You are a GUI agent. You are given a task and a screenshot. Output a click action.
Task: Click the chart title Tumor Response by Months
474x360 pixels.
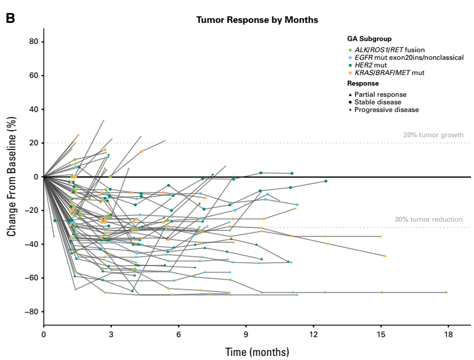point(257,20)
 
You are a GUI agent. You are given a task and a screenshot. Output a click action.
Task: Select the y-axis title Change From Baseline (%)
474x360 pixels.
point(11,176)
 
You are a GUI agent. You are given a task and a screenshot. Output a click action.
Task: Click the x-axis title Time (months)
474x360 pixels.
point(257,352)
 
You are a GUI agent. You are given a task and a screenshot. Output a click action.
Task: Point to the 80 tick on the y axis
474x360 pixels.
point(33,42)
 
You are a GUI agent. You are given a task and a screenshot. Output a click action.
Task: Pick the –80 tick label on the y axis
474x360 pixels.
point(31,311)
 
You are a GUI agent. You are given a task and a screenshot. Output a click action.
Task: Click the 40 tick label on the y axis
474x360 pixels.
point(33,110)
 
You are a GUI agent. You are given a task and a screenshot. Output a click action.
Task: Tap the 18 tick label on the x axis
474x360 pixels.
point(448,334)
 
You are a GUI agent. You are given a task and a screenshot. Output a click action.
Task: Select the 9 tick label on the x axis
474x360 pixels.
point(246,334)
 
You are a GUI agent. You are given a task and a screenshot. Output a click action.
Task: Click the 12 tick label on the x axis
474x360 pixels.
point(313,334)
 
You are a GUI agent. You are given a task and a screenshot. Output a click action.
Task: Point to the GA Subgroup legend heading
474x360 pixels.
point(369,39)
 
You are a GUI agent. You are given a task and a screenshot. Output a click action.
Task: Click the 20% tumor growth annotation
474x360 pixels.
point(433,135)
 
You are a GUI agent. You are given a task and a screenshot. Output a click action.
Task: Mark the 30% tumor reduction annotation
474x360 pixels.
point(428,219)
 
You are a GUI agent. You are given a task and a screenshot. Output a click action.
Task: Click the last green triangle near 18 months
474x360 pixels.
point(446,292)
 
